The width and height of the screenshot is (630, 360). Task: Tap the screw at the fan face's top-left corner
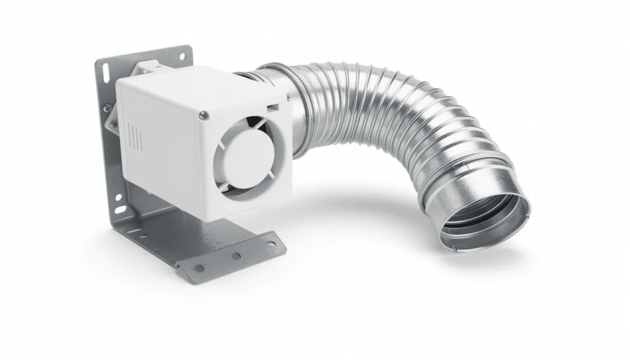(203, 114)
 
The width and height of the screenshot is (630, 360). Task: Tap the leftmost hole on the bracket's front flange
(198, 268)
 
